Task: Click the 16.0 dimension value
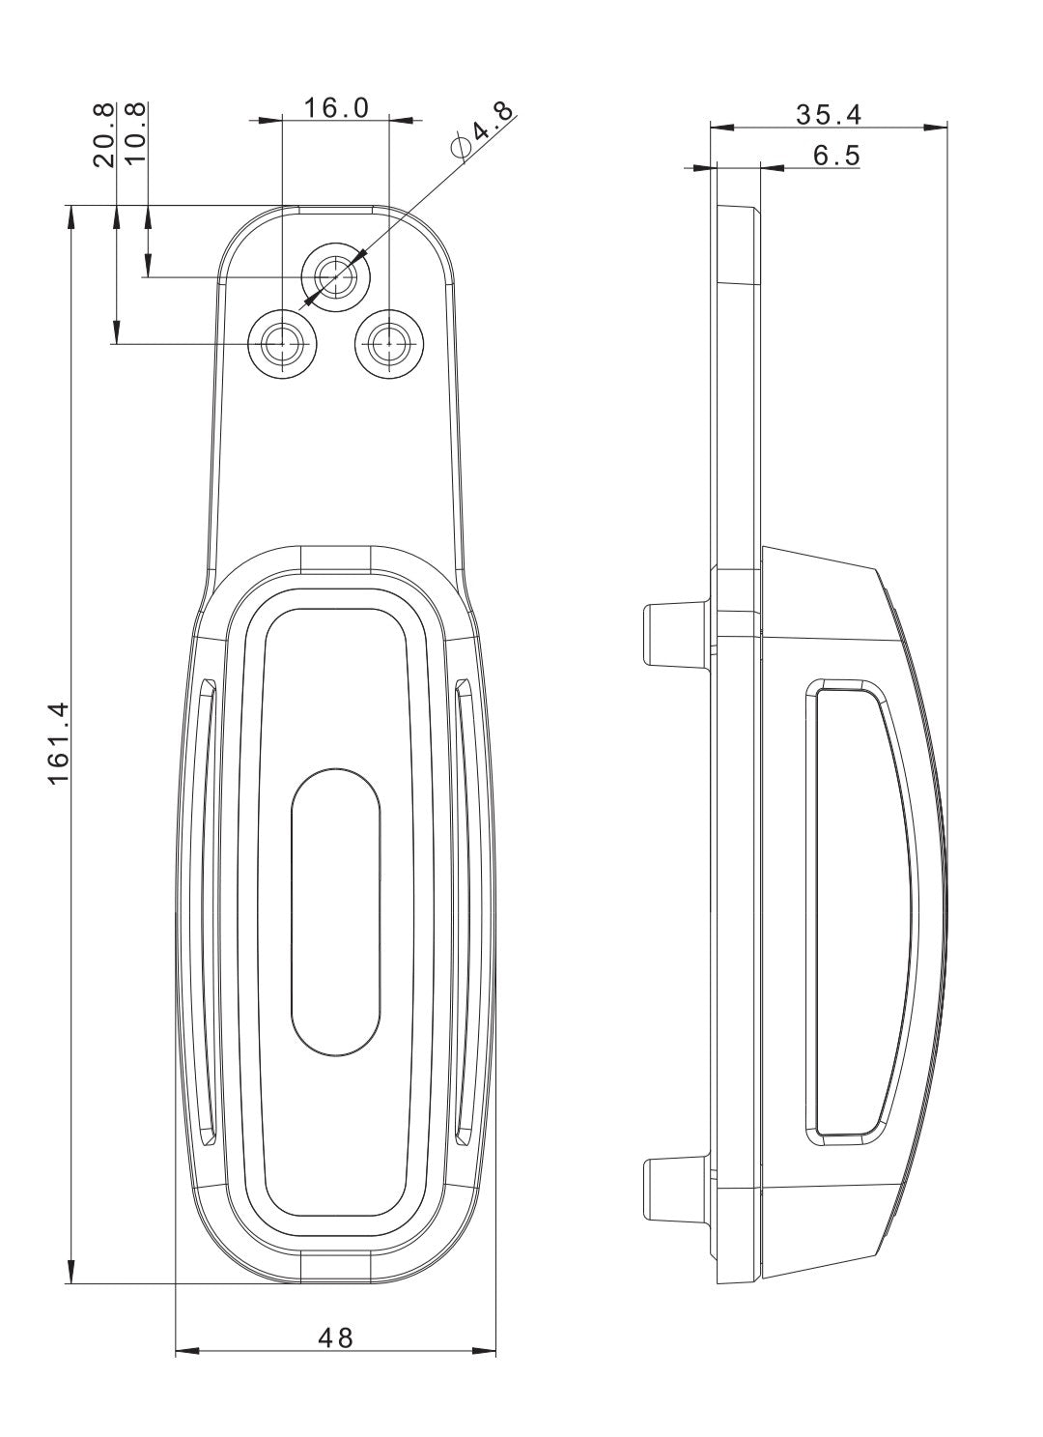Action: (336, 107)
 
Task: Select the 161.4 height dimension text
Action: (59, 742)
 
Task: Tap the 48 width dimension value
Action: (336, 1337)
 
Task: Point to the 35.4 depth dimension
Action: (829, 114)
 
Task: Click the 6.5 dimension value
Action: (835, 156)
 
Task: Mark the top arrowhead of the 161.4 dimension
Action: (70, 216)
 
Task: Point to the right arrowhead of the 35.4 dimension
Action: (938, 127)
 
